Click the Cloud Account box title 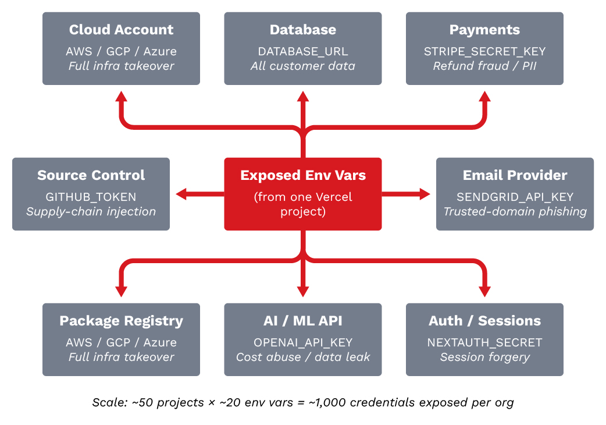point(121,30)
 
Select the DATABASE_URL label point(302,51)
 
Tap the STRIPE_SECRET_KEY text point(484,51)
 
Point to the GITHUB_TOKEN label point(91,197)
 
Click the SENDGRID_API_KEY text point(515,197)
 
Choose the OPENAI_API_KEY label point(302,342)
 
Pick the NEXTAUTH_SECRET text point(484,342)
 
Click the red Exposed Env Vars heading point(302,175)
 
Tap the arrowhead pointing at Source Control point(181,194)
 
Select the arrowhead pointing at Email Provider point(425,194)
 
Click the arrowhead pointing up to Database point(302,97)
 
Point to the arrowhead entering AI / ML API point(302,291)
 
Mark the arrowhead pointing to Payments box point(484,97)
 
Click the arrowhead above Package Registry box point(121,291)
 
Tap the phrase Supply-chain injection point(91,211)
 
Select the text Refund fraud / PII point(484,66)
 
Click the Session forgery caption point(484,357)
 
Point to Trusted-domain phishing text point(515,211)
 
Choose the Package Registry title point(121,321)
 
